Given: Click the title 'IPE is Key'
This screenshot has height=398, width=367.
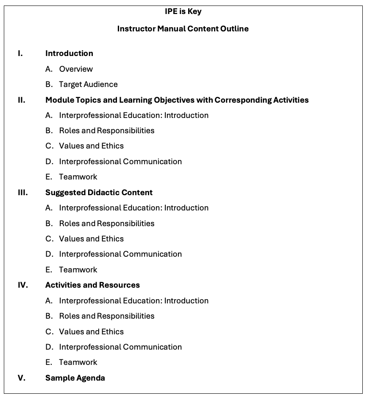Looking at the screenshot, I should (x=183, y=11).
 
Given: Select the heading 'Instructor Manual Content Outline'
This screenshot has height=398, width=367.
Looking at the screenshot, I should (x=183, y=29).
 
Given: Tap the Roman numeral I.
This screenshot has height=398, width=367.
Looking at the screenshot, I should (x=20, y=53).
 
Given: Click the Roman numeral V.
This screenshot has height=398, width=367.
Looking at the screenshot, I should (x=21, y=378).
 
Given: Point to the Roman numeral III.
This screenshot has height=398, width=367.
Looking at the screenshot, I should (x=23, y=192).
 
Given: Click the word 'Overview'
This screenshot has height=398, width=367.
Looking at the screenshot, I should (x=76, y=69).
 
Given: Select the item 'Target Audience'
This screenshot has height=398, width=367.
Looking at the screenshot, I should (x=88, y=84).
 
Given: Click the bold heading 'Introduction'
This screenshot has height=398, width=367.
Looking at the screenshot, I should (x=69, y=53).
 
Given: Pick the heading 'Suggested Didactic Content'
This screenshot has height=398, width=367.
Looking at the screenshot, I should (x=99, y=192).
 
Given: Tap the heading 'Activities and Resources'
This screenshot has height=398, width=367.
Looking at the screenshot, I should (x=92, y=285).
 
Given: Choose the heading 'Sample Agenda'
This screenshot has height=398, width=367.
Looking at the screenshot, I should (x=75, y=378).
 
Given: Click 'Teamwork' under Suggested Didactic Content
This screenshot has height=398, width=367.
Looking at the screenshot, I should (x=78, y=269).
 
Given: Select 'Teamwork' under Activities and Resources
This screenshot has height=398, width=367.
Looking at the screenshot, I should (x=78, y=362).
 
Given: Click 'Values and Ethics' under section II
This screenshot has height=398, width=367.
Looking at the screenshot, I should (x=91, y=146).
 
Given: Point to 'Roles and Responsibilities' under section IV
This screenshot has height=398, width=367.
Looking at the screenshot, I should (x=106, y=316).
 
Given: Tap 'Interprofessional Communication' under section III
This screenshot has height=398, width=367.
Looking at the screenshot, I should (x=120, y=254).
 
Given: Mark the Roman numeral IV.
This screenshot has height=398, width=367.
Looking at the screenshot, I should (x=23, y=285).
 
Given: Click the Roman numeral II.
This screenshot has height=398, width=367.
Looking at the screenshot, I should (x=21, y=100).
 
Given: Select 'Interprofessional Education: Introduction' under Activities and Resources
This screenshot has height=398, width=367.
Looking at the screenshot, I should (x=133, y=300).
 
